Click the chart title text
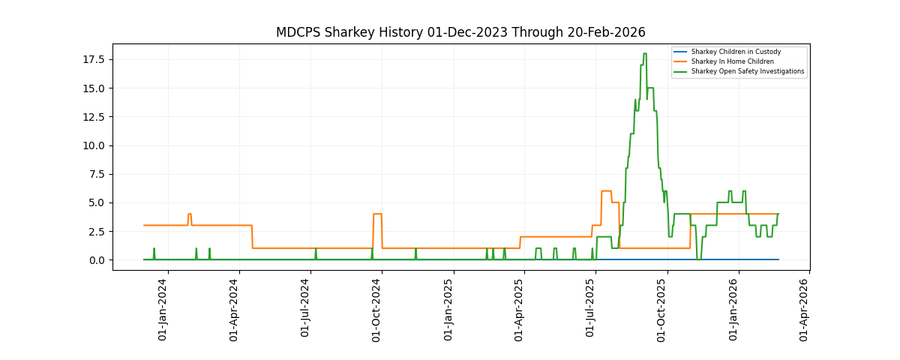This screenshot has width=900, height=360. (x=460, y=33)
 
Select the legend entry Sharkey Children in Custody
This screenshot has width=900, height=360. (x=735, y=52)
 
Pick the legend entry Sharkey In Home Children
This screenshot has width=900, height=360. (x=732, y=61)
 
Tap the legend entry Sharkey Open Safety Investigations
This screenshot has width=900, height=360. (x=747, y=71)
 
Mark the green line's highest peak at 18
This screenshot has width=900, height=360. (x=645, y=54)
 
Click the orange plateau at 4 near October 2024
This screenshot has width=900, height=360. (x=377, y=214)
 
